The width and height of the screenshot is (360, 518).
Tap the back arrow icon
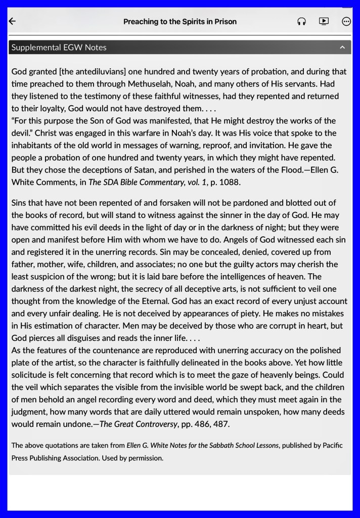pyautogui.click(x=13, y=21)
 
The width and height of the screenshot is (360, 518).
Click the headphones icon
pyautogui.click(x=302, y=21)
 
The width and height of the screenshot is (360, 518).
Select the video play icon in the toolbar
pyautogui.click(x=324, y=21)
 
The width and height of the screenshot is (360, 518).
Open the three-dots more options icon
pyautogui.click(x=346, y=21)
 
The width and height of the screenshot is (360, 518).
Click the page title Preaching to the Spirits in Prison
pyautogui.click(x=180, y=22)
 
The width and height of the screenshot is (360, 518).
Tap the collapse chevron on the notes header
pyautogui.click(x=342, y=48)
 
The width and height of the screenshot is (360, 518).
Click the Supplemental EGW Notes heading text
pyautogui.click(x=59, y=48)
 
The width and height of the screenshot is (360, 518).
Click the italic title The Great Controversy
pyautogui.click(x=138, y=424)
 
